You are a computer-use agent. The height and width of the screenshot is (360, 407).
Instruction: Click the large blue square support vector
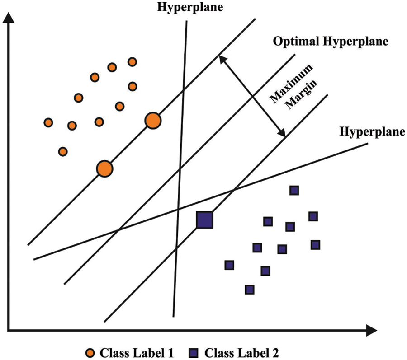point(204,220)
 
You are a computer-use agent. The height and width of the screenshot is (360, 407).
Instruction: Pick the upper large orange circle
point(153,121)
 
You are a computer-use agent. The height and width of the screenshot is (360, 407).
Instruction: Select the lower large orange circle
point(104,168)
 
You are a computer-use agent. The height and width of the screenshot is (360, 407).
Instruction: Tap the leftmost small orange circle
point(48,122)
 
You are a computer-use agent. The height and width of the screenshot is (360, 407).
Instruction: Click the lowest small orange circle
point(63,151)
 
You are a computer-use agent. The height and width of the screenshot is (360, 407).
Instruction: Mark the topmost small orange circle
point(132,61)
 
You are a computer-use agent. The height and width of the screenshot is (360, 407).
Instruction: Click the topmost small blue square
point(294,191)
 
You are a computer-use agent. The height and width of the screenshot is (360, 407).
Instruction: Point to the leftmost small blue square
point(229,265)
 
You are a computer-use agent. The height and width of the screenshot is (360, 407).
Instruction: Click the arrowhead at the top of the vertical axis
point(9,17)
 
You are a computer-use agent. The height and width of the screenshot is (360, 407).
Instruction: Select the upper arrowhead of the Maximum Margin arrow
point(221,58)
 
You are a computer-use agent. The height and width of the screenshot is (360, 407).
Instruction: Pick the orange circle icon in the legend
point(90,351)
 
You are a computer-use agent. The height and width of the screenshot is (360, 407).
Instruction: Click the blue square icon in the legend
point(196,351)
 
